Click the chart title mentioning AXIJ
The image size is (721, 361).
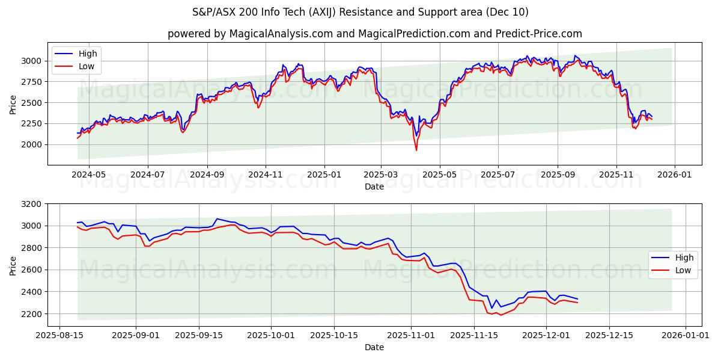(x=360, y=12)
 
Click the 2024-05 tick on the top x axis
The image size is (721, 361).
(x=89, y=174)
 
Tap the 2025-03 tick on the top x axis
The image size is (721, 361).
(x=381, y=174)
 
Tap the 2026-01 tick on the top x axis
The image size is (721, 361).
(x=675, y=174)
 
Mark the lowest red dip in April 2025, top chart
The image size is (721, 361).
(x=416, y=150)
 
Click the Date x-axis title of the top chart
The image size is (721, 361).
(x=374, y=187)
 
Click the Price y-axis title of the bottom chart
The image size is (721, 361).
(x=13, y=265)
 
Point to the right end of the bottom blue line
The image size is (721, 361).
(x=577, y=299)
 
